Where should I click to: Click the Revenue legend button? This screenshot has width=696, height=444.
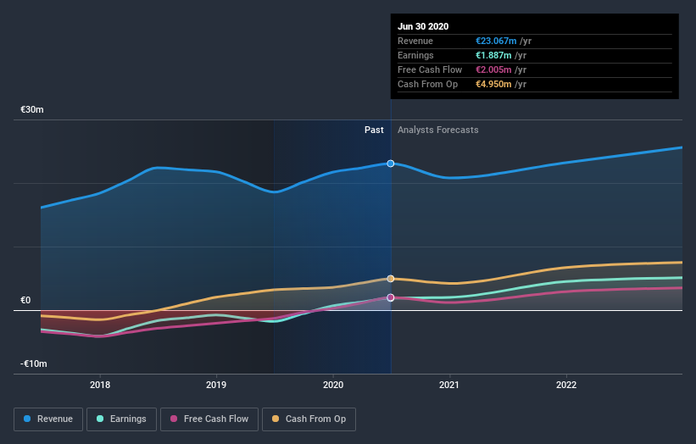49,419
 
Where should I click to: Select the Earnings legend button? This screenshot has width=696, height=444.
122,419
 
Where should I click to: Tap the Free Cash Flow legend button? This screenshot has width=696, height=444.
209,419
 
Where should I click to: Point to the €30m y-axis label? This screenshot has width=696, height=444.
32,110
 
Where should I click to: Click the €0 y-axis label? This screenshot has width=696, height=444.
25,300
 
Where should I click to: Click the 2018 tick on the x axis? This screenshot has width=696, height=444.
100,384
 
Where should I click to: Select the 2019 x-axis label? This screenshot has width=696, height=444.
216,384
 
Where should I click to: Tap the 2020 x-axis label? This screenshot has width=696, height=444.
333,384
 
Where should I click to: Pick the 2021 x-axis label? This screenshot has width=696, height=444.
449,384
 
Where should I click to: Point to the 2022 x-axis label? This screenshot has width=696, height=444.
565,384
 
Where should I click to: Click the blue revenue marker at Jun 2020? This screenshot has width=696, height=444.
391,163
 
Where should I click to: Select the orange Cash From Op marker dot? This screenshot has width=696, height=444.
391,279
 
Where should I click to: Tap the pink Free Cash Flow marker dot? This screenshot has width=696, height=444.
391,297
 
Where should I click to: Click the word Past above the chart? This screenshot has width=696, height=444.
374,130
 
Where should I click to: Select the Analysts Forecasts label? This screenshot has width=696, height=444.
437,130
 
